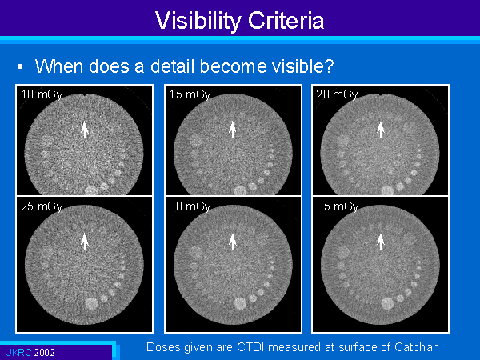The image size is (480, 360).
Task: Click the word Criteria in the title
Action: click(286, 21)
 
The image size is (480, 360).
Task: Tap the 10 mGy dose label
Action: click(42, 94)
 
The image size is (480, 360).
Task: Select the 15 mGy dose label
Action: click(190, 94)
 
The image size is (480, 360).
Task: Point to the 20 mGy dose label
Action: click(337, 94)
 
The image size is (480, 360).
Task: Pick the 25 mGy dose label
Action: click(42, 206)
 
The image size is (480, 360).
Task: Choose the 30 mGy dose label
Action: click(190, 206)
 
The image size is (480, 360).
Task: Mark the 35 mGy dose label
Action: click(338, 206)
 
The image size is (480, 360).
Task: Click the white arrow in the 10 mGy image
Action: click(85, 129)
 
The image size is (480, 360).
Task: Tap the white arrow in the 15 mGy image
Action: click(233, 129)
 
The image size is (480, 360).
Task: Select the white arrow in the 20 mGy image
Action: click(381, 129)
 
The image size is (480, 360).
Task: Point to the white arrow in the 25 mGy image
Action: click(85, 242)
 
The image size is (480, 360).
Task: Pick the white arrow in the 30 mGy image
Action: click(233, 242)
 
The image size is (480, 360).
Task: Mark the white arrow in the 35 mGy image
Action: click(381, 242)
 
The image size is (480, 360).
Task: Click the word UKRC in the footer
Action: click(18, 352)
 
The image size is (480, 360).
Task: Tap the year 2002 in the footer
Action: click(44, 352)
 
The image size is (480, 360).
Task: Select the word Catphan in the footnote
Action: click(417, 347)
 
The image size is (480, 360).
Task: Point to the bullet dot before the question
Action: click(20, 66)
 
